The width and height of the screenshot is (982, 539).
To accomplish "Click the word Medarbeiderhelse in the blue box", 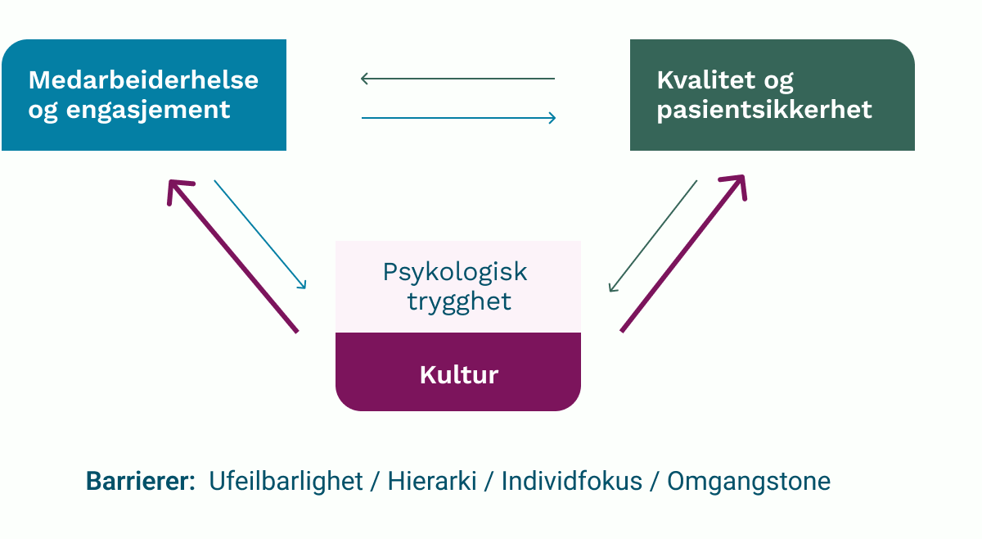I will (143, 80).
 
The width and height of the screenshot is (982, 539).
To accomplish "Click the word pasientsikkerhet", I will (764, 110).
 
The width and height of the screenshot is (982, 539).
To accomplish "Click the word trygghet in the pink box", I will (459, 301).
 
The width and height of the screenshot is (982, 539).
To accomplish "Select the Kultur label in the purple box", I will (458, 375).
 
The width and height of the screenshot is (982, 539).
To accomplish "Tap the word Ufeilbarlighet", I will (286, 482).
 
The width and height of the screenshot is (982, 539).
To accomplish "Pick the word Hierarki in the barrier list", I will (432, 482).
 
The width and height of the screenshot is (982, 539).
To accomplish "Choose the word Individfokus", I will (571, 482).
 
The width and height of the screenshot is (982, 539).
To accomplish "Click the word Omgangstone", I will (749, 482).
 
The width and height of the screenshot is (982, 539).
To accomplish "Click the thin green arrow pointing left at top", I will (457, 79).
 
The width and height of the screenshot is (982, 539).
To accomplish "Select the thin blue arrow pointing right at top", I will (458, 118).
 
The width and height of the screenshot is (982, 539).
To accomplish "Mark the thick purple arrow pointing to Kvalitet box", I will (683, 253).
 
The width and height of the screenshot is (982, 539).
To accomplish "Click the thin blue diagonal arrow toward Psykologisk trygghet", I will (260, 234).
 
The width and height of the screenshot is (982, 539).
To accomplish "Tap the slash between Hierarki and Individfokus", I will (489, 482).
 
